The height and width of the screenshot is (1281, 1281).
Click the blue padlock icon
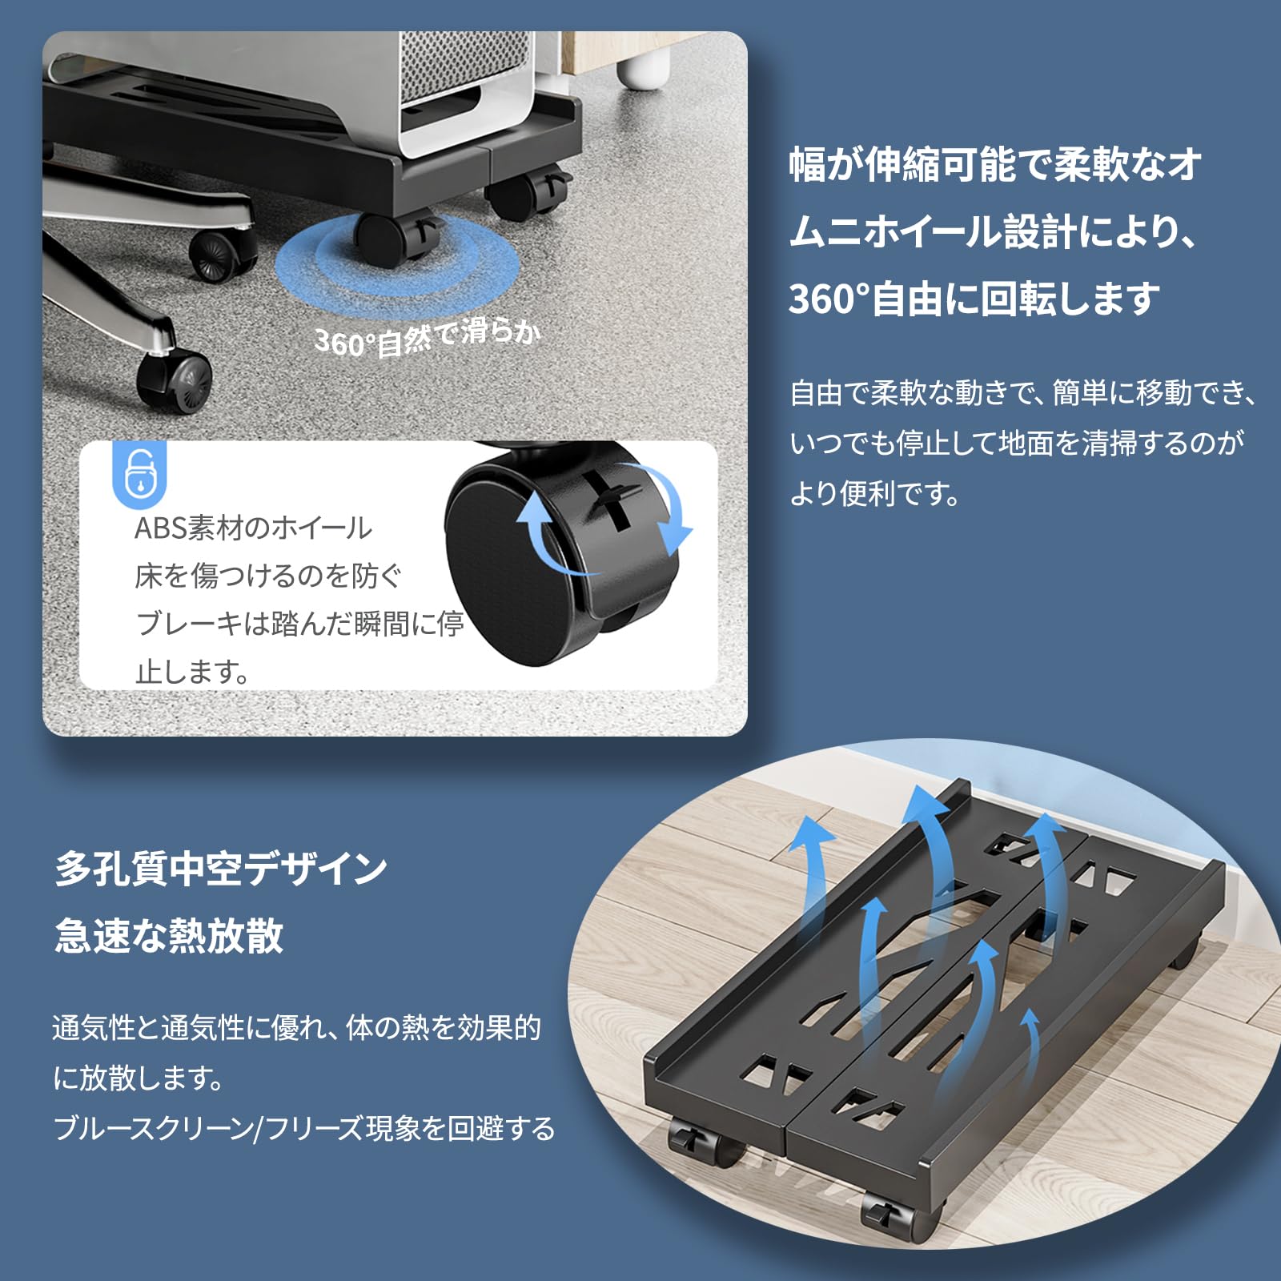click(x=141, y=474)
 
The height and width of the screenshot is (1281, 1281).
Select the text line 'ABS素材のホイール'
click(x=253, y=528)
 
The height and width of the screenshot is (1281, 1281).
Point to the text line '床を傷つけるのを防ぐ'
click(x=268, y=576)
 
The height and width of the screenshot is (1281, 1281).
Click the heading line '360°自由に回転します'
click(x=974, y=299)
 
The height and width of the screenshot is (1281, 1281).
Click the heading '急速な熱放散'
click(x=169, y=935)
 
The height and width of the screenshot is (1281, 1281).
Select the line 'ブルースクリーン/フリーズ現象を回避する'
click(x=303, y=1129)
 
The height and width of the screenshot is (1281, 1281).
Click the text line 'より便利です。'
click(x=874, y=494)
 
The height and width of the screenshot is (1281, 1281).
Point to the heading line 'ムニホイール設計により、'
click(x=993, y=232)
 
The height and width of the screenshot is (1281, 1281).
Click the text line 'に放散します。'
click(x=139, y=1078)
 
